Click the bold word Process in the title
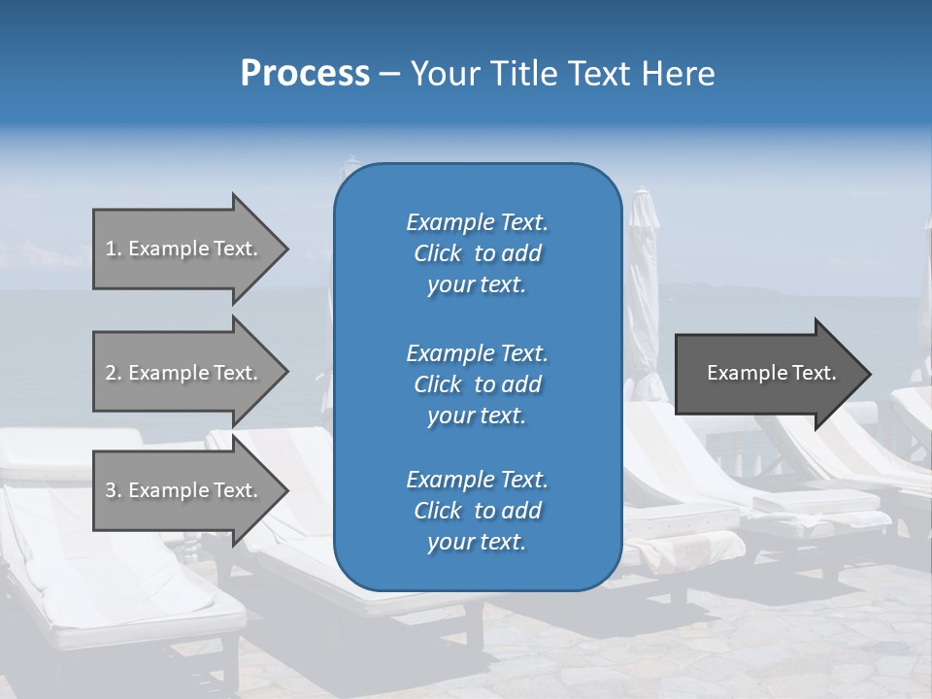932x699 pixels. coord(305,74)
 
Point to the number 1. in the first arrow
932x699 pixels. coord(114,250)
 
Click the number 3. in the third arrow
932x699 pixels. coord(114,490)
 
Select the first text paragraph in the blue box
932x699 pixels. coord(477,253)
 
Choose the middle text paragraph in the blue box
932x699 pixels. coord(477,383)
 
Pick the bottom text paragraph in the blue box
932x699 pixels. coord(477,511)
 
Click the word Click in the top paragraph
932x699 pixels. coord(437,253)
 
